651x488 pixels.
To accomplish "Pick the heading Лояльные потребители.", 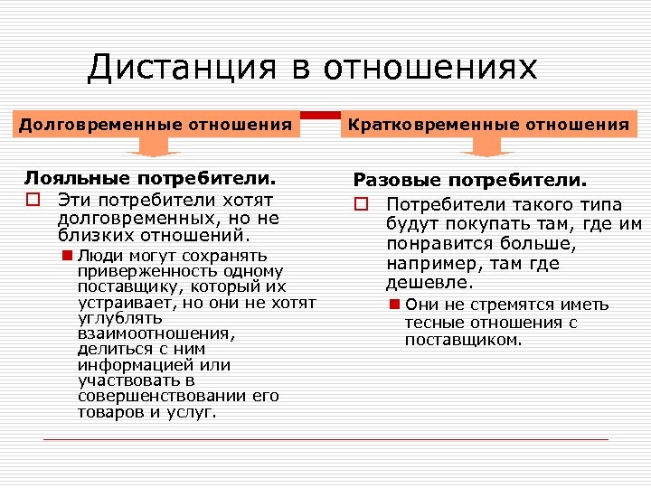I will [149, 179].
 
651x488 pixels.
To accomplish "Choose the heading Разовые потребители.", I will [469, 181].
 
